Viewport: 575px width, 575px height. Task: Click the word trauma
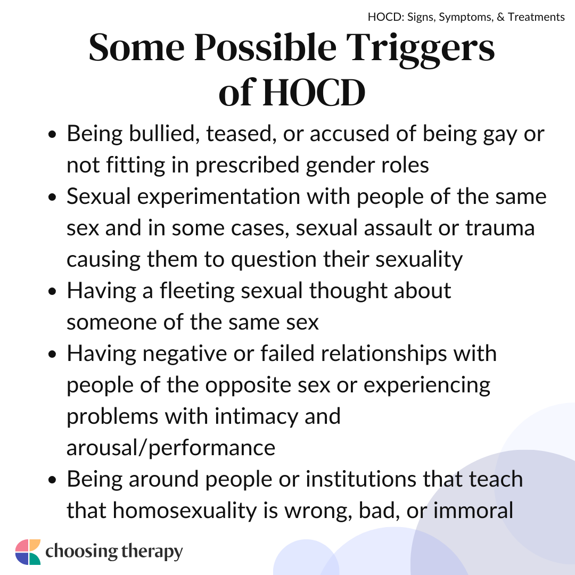pyautogui.click(x=500, y=228)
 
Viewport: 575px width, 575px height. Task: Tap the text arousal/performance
pyautogui.click(x=171, y=448)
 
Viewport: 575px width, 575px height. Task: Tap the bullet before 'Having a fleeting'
pyautogui.click(x=52, y=292)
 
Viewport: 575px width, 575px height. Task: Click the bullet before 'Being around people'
pyautogui.click(x=52, y=481)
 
